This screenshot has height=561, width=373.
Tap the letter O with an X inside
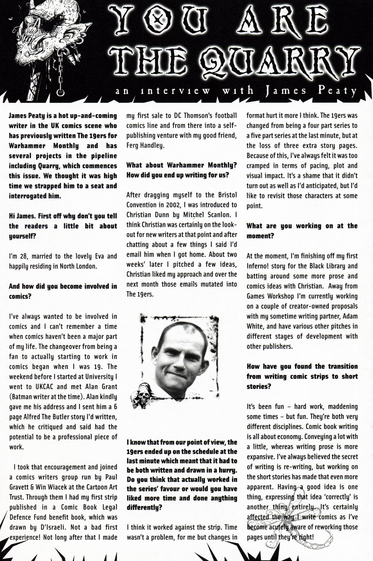pos(157,20)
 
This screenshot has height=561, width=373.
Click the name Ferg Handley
pos(145,145)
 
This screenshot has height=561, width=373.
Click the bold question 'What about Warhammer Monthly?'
pos(181,165)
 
